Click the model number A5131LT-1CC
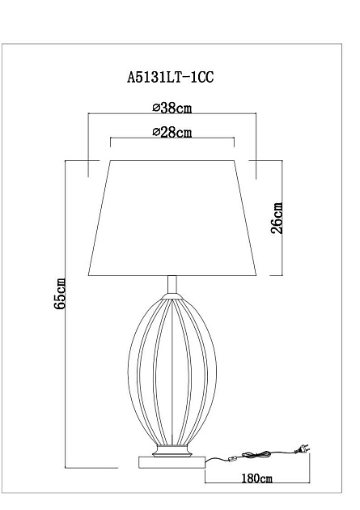(x=171, y=79)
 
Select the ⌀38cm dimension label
(x=171, y=108)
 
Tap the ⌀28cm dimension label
(x=171, y=132)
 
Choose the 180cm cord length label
(x=256, y=478)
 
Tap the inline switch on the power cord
(x=232, y=458)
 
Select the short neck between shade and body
(x=171, y=287)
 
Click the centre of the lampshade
(x=171, y=219)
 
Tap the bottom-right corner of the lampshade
(x=256, y=276)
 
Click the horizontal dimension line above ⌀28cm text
(x=171, y=138)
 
